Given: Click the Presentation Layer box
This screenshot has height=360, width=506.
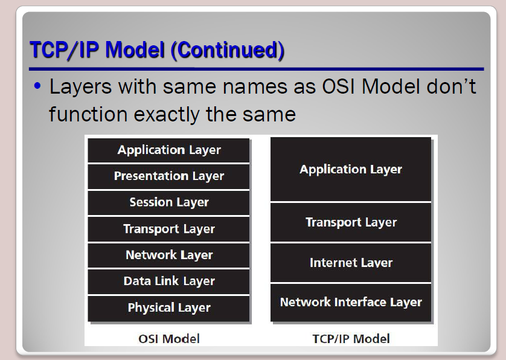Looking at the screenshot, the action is pos(168,176).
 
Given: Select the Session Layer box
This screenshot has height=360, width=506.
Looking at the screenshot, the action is pos(168,203).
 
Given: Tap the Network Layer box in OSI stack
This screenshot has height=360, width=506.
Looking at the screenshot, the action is pos(168,256).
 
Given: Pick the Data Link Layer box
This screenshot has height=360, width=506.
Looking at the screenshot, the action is pos(168,281).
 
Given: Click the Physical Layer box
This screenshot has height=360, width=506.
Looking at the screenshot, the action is pos(168,308).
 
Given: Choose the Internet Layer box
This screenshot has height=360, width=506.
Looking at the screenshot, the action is pos(351,263).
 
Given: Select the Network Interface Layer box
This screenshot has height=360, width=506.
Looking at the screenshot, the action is pos(351,303).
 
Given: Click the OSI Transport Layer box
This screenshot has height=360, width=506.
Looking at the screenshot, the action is pos(168,229).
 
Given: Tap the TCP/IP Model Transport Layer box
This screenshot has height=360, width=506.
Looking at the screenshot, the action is pos(351,222).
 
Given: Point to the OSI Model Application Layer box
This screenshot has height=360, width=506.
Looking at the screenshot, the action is pos(168,150).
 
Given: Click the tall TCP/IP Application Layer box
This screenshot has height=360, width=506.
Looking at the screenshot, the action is pos(351,169).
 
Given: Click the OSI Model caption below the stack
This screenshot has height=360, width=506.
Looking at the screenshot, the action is pos(169,339).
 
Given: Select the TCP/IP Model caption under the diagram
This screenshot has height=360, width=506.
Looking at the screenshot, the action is pos(351,339).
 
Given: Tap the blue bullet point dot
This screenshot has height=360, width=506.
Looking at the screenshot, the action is pos(37,86).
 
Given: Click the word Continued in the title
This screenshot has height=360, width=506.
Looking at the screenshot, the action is pos(228,50).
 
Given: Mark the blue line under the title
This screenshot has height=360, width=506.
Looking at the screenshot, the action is pos(257,69).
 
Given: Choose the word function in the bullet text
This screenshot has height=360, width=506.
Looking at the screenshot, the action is pos(88,114).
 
